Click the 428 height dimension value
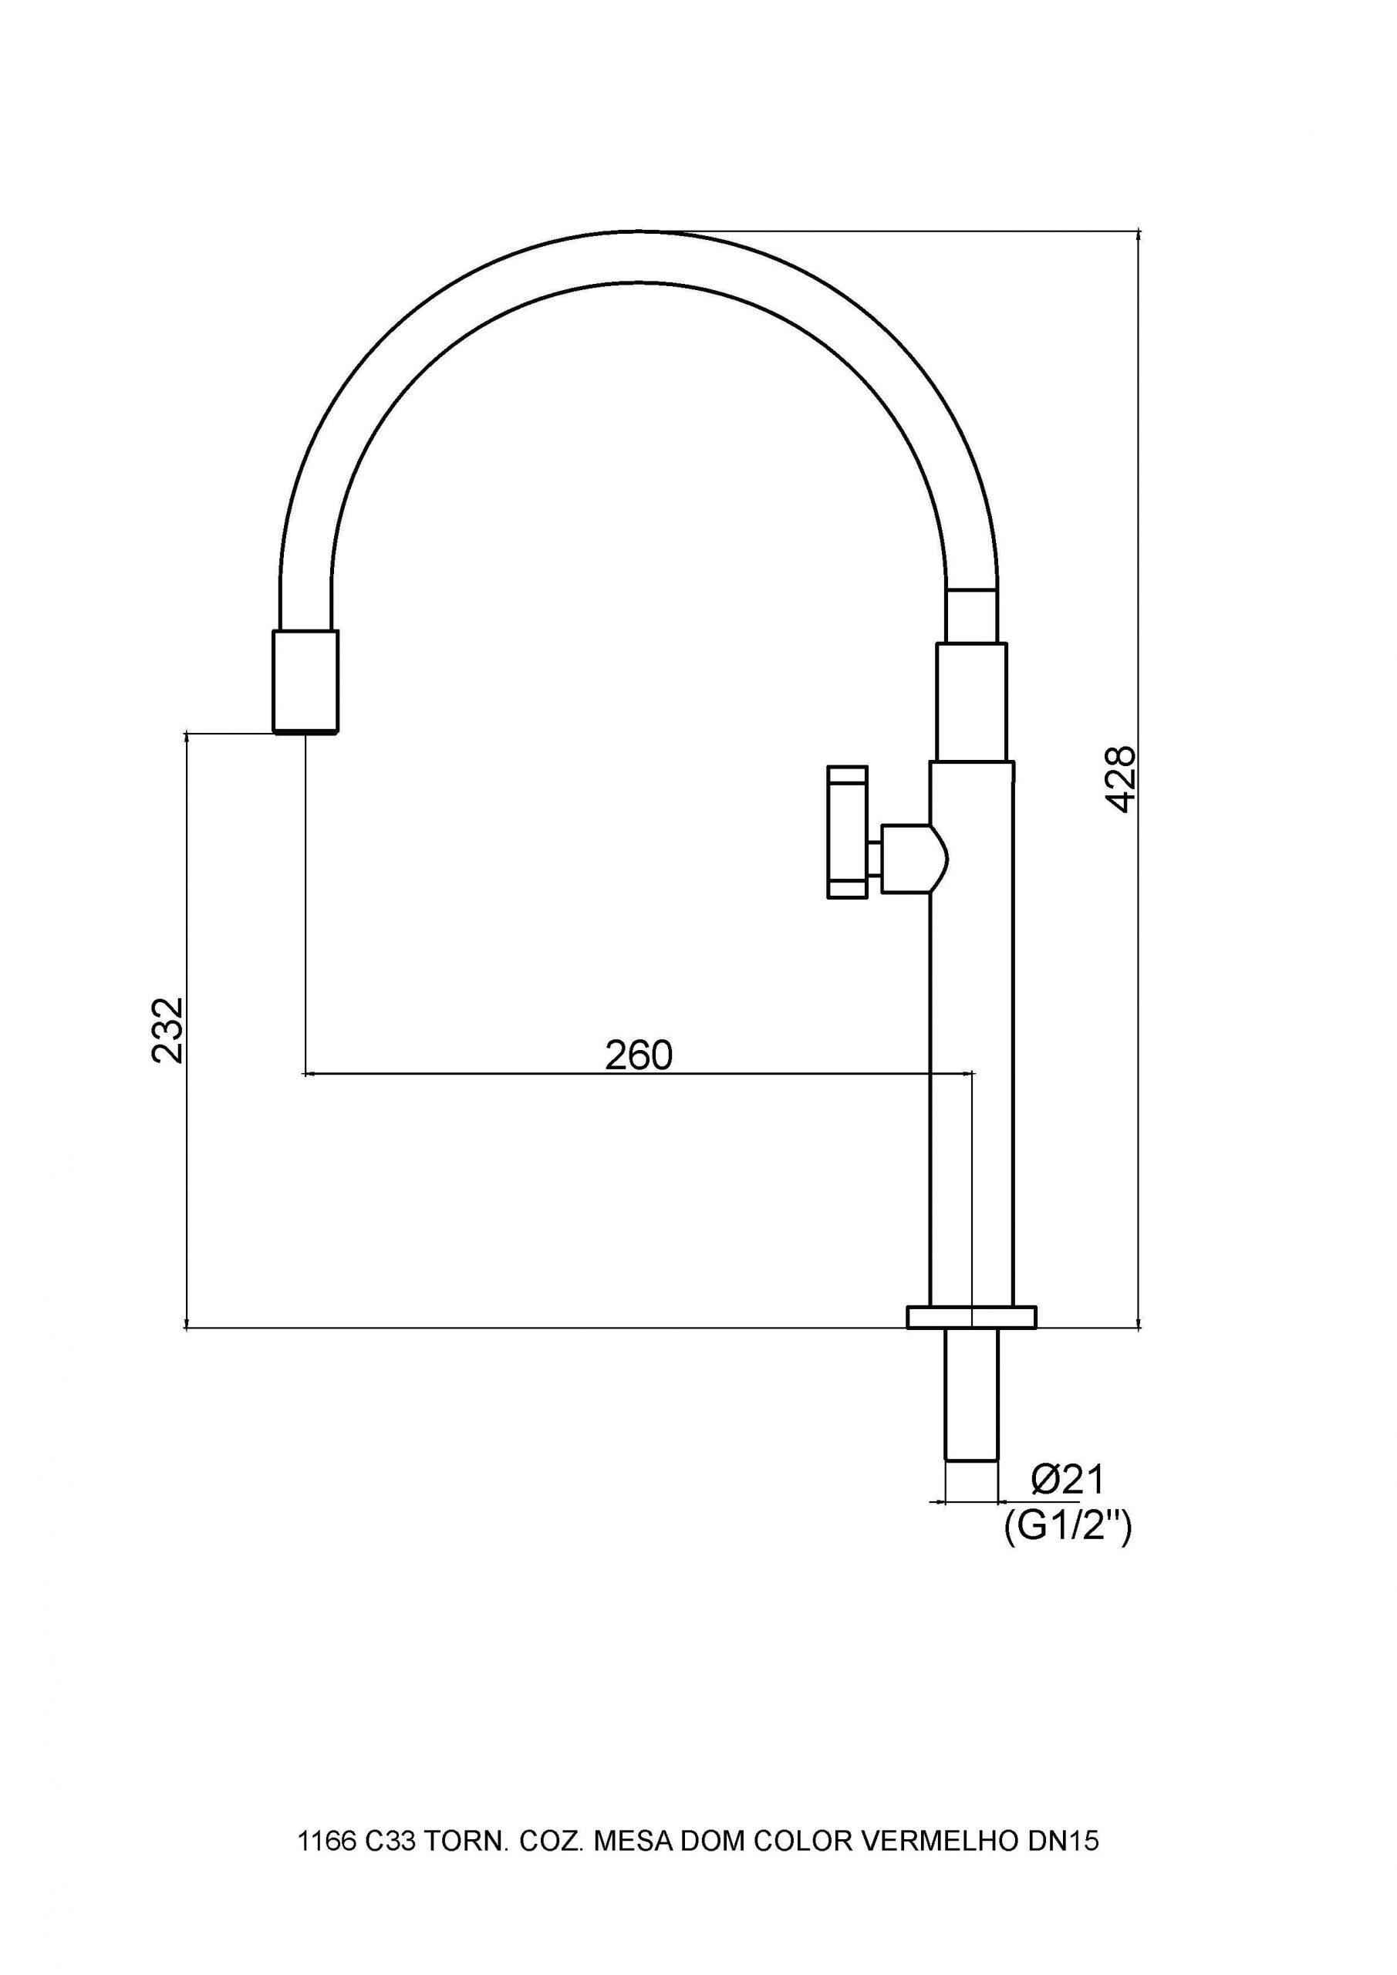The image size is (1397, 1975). click(x=1121, y=779)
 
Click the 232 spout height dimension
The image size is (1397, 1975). click(x=167, y=1030)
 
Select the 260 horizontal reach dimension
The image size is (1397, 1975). click(x=638, y=1055)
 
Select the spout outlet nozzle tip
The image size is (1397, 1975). click(x=305, y=681)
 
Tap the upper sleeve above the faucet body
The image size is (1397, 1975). click(x=971, y=702)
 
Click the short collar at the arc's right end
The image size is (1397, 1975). click(x=971, y=616)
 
